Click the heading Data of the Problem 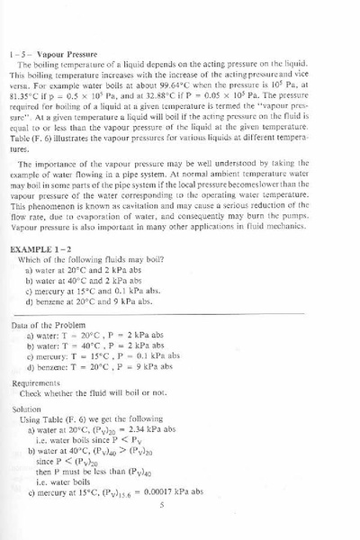[55, 325]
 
